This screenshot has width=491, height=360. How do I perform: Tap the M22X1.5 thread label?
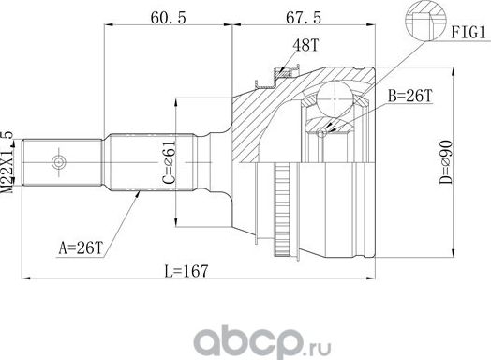[x=9, y=160]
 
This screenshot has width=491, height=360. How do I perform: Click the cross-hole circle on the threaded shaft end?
[x=58, y=162]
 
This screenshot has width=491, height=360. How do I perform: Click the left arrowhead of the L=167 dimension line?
[x=28, y=278]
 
